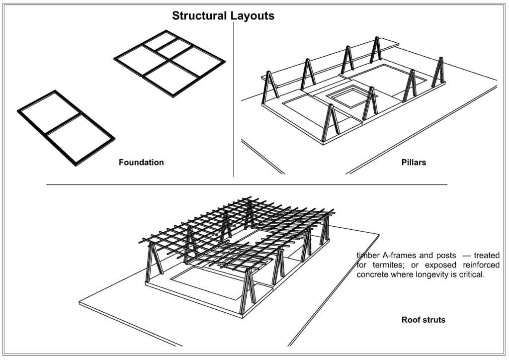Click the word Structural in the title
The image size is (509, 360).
pyautogui.click(x=199, y=16)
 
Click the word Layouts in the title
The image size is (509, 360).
pyautogui.click(x=252, y=16)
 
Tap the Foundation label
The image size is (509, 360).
pyautogui.click(x=141, y=163)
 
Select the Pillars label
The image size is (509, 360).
pyautogui.click(x=414, y=163)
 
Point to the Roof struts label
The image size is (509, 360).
pyautogui.click(x=423, y=320)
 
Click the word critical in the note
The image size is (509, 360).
pyautogui.click(x=470, y=274)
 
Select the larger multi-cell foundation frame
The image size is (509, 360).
pyautogui.click(x=169, y=63)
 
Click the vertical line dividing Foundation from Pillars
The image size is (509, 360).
pyautogui.click(x=234, y=99)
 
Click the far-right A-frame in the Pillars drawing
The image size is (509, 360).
pyautogui.click(x=438, y=73)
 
